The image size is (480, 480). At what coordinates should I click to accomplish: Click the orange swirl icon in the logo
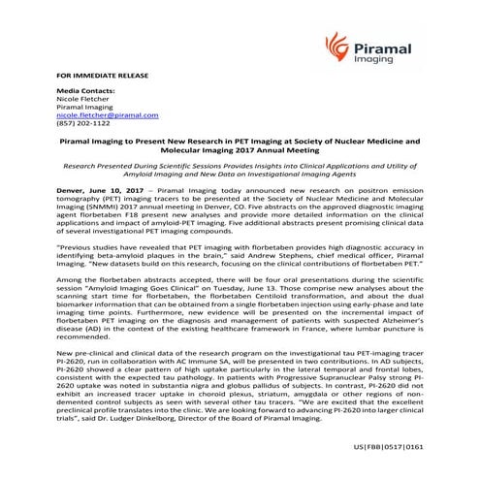336,45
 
